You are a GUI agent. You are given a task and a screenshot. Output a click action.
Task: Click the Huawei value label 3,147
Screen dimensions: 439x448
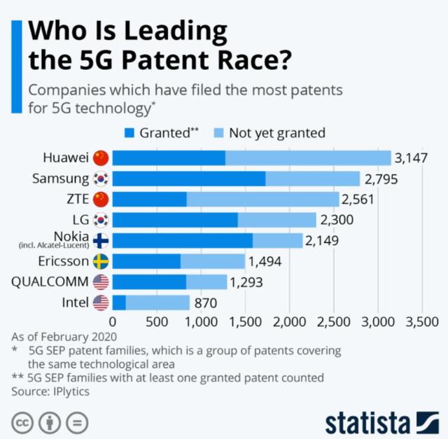pos(411,158)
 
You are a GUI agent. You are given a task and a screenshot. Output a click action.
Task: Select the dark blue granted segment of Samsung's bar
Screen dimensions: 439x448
pos(189,179)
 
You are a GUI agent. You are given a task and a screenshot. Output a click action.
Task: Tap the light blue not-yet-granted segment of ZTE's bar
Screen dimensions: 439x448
pos(262,199)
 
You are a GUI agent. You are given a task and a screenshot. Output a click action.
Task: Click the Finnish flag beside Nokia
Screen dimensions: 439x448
pos(101,241)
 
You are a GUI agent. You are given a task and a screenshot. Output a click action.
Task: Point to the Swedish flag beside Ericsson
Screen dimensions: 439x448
pos(101,261)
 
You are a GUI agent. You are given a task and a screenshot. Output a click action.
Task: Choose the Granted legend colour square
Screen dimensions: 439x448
pos(129,132)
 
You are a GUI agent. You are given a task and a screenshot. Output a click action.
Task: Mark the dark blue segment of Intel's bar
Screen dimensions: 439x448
pos(119,302)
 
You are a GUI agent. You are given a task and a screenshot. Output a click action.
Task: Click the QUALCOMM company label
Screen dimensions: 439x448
pos(50,282)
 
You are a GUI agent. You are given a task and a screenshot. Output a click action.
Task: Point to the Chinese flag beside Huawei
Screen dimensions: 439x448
pos(101,158)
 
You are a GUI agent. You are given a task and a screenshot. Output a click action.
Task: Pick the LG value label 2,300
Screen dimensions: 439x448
pos(337,220)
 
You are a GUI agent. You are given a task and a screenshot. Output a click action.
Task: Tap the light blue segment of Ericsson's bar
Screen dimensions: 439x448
pos(213,261)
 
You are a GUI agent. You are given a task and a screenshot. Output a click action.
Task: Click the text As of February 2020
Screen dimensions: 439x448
pos(61,336)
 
